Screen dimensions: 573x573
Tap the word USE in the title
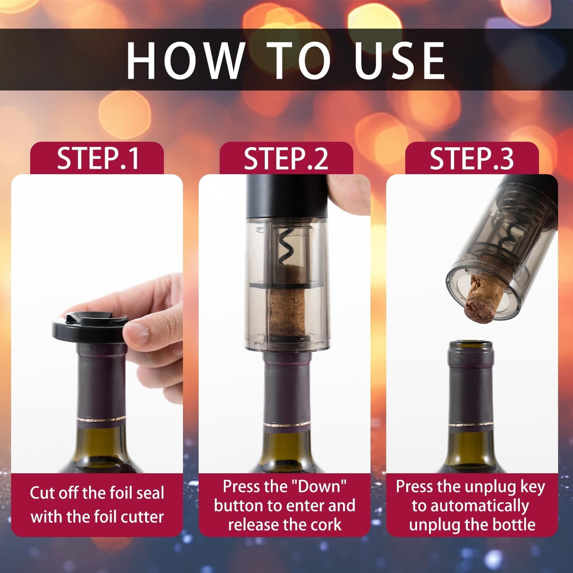[x=400, y=61]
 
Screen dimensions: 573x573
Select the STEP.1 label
[x=98, y=159]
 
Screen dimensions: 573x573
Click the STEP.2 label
[x=286, y=159]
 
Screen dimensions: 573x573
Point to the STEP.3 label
[x=471, y=159]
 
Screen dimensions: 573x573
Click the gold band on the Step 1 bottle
[x=101, y=420]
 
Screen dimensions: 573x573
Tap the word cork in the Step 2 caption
[x=326, y=525]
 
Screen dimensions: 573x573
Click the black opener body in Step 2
[x=286, y=196]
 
